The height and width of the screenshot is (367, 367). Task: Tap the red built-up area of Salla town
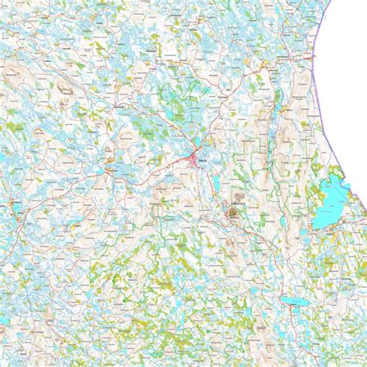tap(194, 160)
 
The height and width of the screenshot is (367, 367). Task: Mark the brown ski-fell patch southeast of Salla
tap(233, 210)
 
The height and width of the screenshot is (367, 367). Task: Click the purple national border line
tap(325, 116)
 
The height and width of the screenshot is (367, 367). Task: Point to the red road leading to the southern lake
tap(263, 263)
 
